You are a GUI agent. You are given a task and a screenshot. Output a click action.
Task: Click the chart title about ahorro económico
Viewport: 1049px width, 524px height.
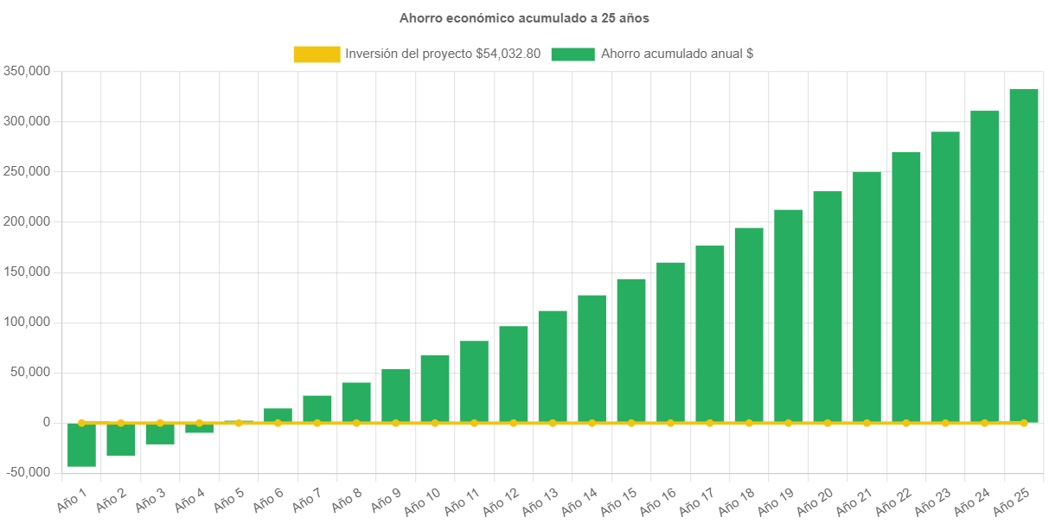coord(524,17)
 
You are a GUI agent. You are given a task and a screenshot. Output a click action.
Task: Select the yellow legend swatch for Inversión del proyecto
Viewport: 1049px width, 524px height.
coord(317,54)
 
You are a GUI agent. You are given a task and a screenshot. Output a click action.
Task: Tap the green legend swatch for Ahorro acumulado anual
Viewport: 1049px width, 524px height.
coord(572,54)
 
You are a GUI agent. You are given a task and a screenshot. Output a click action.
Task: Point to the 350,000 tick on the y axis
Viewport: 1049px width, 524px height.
coord(27,71)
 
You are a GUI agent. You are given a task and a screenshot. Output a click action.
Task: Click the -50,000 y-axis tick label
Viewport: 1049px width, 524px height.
coord(27,472)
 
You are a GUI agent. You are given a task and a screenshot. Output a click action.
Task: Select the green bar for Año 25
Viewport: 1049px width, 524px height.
coord(1024,256)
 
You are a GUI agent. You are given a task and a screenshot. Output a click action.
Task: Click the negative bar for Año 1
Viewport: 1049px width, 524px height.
coord(81,444)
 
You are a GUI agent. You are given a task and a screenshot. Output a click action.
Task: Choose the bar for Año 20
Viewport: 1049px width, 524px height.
coord(828,307)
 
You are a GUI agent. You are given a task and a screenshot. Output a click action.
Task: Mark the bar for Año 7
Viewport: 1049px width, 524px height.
coord(317,408)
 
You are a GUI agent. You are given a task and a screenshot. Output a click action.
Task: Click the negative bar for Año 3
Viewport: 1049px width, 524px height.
coord(160,433)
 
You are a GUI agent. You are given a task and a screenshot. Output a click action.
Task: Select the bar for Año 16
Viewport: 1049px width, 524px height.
coord(670,342)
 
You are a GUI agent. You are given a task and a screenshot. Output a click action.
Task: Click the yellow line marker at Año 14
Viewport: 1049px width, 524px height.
coord(592,423)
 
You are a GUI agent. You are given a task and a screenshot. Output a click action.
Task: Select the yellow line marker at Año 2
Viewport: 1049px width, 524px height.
coord(121,423)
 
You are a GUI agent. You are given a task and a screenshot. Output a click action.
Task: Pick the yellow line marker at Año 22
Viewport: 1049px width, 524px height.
coord(906,423)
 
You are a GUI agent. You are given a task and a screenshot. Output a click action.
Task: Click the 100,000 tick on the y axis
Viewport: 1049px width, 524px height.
coord(27,322)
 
